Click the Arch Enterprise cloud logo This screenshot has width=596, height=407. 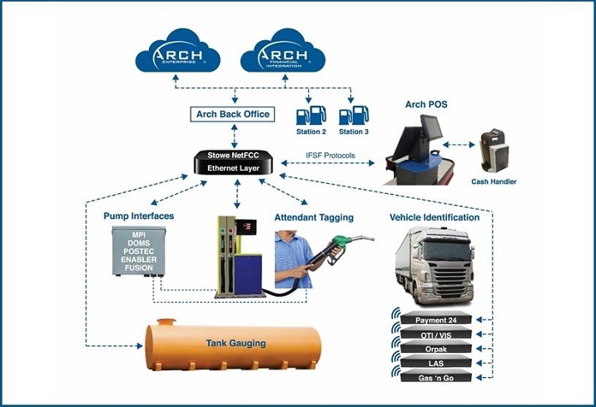click(x=177, y=55)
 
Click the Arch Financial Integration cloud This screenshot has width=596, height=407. click(x=282, y=55)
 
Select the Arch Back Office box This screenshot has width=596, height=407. click(x=232, y=114)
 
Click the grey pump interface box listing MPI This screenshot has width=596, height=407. click(x=138, y=251)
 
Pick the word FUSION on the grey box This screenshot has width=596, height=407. click(x=138, y=269)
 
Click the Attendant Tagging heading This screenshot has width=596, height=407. click(x=314, y=218)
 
